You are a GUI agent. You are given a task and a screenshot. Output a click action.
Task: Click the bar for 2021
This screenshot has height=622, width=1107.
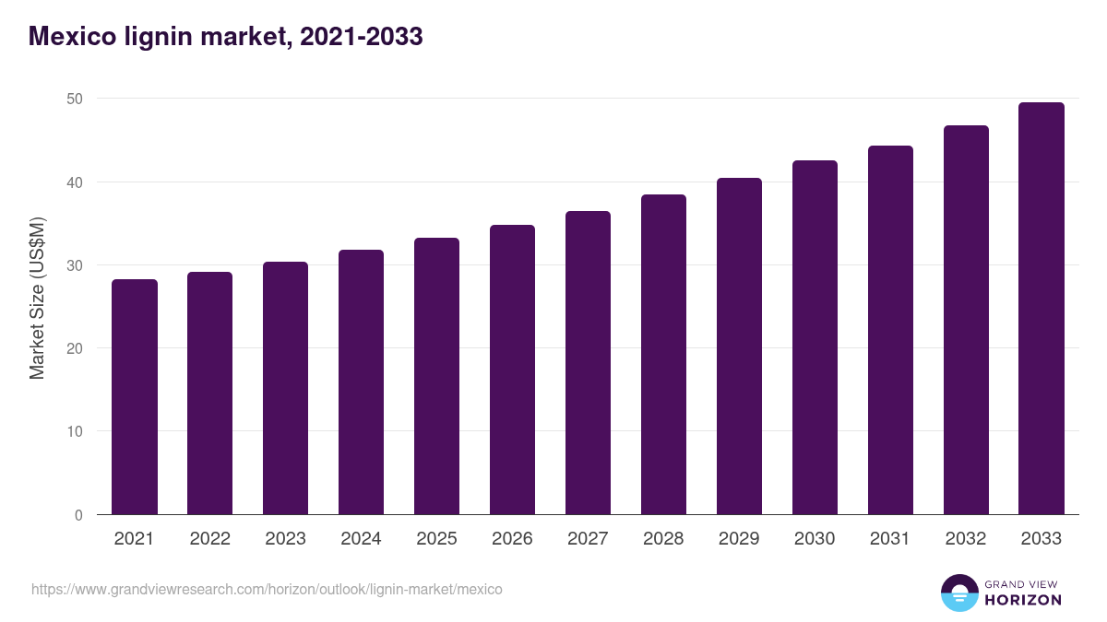pos(135,397)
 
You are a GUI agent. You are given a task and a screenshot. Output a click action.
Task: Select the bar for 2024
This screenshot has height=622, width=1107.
pos(361,382)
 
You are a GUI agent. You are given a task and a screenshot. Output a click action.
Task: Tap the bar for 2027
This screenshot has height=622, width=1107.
pos(588,363)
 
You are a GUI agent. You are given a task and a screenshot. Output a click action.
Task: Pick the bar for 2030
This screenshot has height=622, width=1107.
pos(815,337)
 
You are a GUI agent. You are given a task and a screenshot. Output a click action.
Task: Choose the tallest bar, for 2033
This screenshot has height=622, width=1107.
pos(1042,309)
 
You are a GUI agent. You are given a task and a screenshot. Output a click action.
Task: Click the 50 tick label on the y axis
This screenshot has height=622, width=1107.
pos(76,99)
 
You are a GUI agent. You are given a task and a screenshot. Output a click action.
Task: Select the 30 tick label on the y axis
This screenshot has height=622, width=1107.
pos(76,265)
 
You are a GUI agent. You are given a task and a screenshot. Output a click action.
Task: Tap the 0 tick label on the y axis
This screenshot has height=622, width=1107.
pos(79,515)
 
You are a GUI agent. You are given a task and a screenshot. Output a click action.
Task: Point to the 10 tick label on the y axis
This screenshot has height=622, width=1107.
pos(76,432)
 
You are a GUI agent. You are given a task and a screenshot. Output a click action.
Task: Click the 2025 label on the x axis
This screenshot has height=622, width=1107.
pos(436,539)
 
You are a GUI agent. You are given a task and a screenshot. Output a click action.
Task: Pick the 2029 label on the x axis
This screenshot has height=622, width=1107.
pos(739,539)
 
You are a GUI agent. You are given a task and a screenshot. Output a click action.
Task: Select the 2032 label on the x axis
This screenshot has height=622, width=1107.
pos(966,539)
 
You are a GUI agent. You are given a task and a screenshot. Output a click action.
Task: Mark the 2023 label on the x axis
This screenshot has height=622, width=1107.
pos(285,539)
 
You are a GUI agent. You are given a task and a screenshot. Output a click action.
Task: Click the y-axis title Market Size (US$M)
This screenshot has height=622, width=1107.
pos(37,298)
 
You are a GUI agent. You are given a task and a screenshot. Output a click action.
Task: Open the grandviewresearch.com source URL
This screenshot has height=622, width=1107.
pos(267,589)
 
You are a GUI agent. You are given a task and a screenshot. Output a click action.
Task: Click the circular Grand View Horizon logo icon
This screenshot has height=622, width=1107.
pos(958,593)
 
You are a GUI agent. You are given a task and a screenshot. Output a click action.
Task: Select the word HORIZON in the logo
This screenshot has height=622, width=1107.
pos(1023,600)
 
